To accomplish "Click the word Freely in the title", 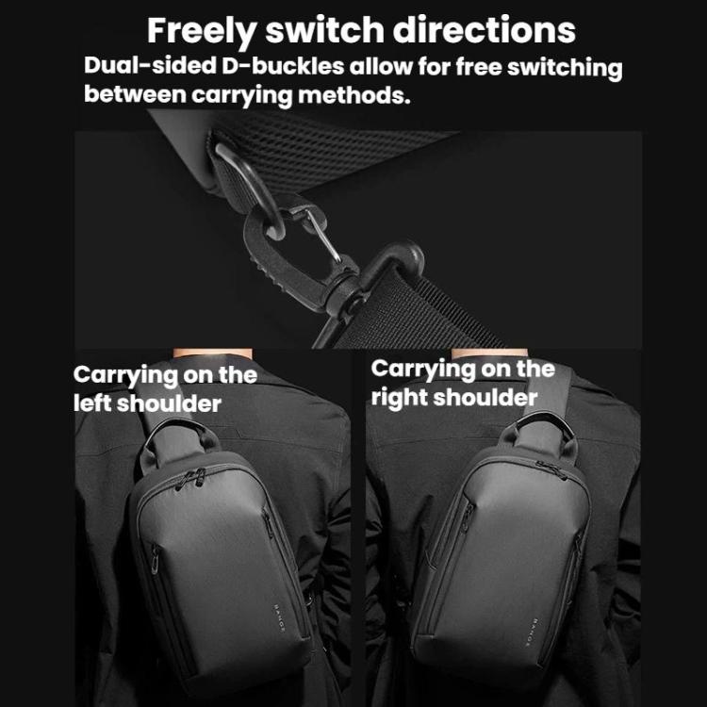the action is coord(202,31).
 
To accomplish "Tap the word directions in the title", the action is coord(484,30).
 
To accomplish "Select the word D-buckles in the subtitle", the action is coord(283,66).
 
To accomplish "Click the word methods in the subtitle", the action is coord(354,94).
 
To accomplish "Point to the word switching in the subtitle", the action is coord(565,68).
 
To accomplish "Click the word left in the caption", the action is coord(92,403).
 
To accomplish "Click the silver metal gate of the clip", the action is coord(322,236).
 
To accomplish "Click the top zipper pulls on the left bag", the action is coord(190,479).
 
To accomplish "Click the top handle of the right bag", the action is coord(541,424).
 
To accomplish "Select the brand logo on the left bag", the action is coord(279,617).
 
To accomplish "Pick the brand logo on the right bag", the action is coord(534,633).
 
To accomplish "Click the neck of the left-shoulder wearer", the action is coord(213,353).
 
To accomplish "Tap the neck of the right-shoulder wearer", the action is coord(489,353).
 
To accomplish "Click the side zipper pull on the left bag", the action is coord(155,559).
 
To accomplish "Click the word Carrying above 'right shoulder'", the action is coord(422,370).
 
